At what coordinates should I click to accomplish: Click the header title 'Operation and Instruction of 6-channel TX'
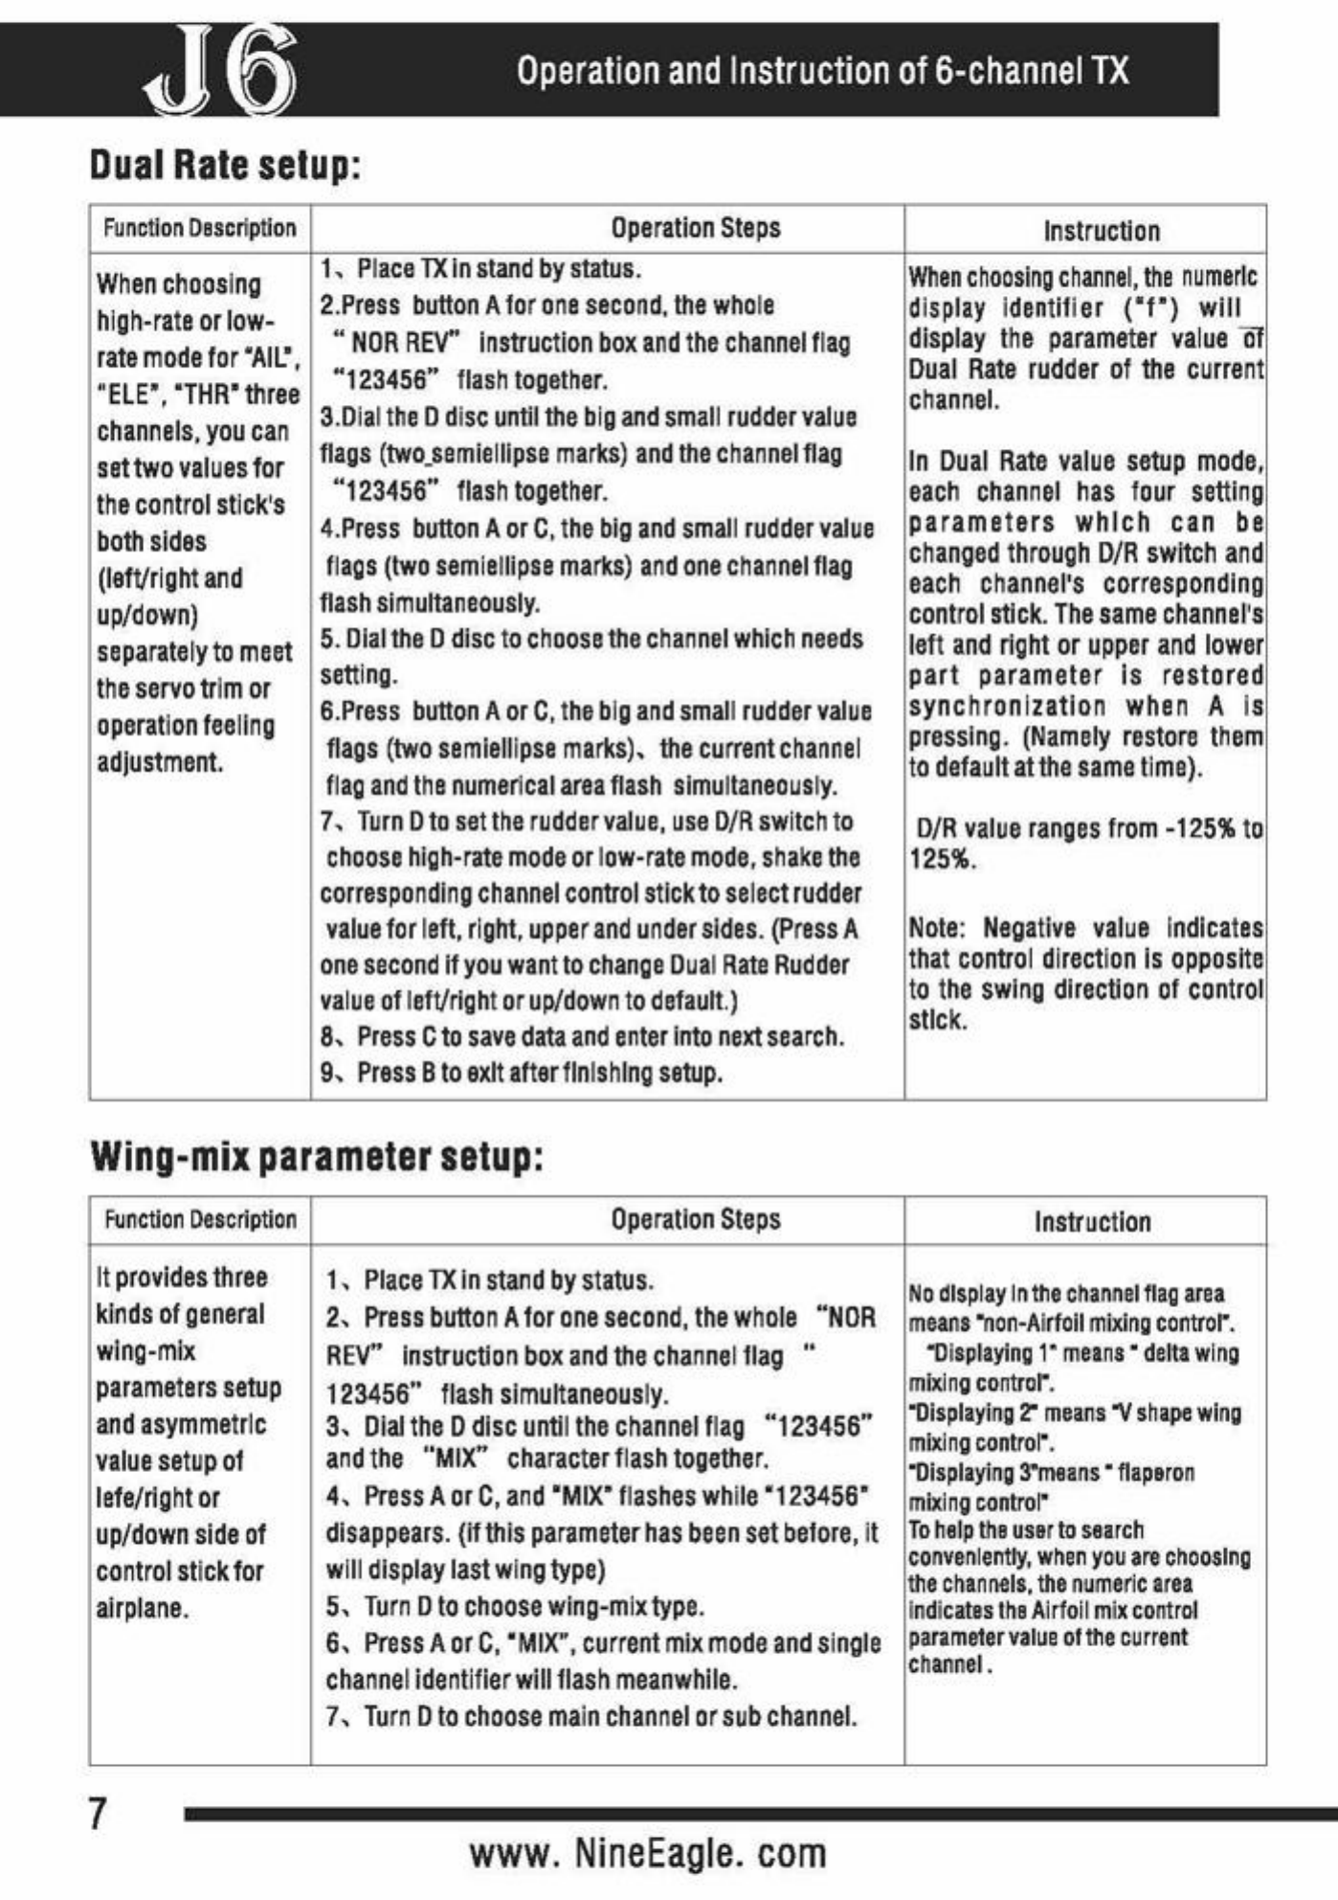822,71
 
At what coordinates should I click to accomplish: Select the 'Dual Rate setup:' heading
226,165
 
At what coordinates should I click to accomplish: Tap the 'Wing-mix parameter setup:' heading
317,1157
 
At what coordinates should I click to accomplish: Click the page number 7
99,1813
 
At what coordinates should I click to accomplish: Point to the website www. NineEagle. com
648,1852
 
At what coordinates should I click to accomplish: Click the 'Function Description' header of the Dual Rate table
200,228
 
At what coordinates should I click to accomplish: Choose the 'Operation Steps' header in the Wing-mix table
696,1219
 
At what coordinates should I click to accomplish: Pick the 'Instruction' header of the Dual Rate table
1101,231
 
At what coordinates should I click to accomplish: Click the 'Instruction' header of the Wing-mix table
1092,1222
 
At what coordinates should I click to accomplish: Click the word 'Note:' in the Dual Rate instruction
937,928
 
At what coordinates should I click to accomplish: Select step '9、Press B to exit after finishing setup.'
522,1073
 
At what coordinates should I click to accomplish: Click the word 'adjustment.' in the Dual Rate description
160,762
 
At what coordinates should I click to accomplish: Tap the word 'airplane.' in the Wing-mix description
142,1608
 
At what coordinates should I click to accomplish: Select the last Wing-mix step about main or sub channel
591,1715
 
